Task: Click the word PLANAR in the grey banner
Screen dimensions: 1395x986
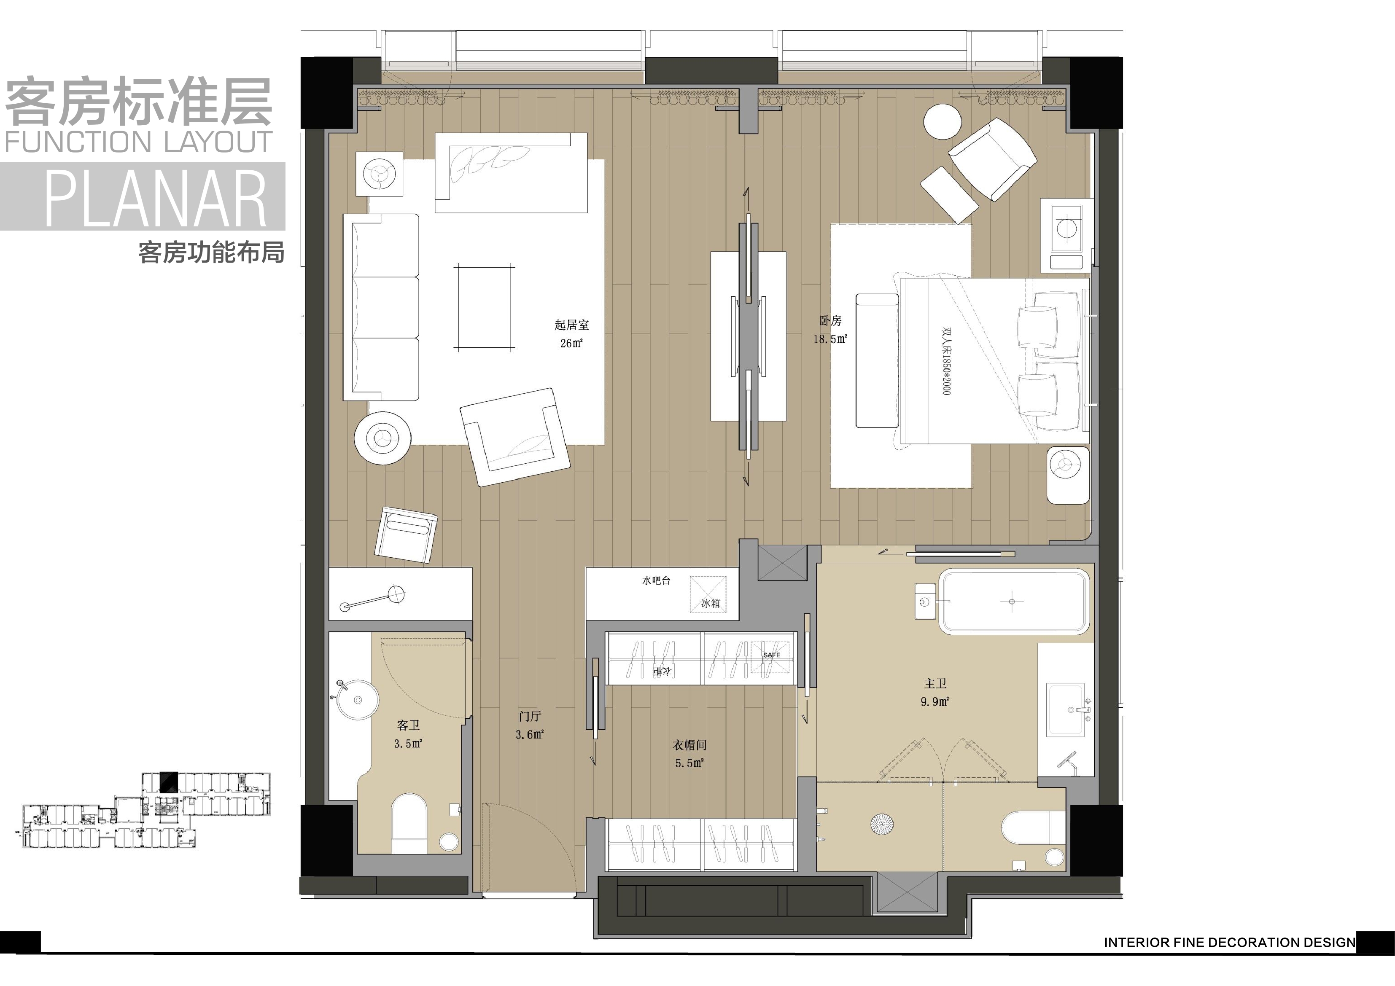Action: (156, 197)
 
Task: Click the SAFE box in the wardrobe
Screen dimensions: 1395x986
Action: (772, 655)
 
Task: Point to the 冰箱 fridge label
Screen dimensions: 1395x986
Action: (710, 603)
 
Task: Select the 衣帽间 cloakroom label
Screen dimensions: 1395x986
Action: (689, 745)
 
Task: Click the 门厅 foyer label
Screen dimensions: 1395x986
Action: (530, 717)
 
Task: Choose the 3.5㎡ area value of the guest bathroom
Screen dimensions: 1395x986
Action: (408, 744)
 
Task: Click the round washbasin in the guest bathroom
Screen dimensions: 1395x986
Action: (358, 700)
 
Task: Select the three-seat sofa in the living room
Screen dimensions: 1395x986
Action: (381, 307)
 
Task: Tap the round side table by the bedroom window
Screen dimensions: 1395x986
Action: (943, 122)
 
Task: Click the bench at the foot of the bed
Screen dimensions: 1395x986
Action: (877, 361)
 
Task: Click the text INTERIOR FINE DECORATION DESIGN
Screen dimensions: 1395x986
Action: (1230, 942)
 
